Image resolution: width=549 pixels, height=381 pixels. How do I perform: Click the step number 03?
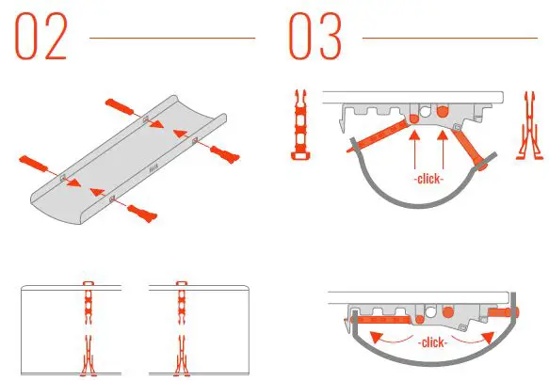coord(314,38)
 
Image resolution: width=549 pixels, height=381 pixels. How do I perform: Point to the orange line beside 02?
coord(171,39)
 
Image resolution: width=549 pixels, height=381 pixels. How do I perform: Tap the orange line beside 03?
coord(448,39)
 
